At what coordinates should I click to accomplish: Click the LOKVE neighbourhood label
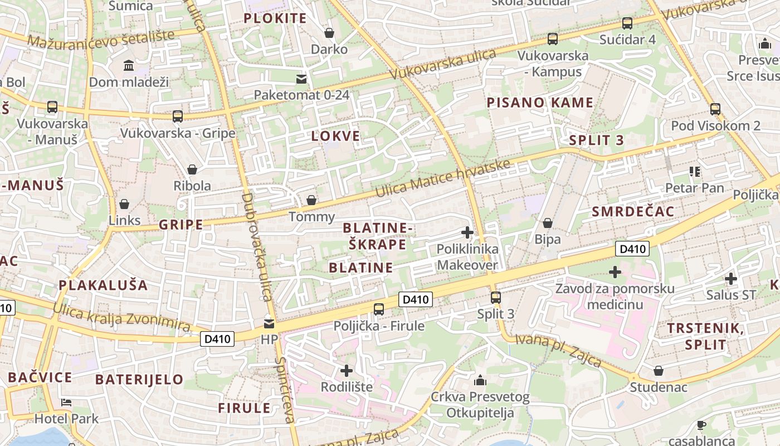(x=335, y=136)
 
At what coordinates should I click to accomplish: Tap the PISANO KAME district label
(x=540, y=103)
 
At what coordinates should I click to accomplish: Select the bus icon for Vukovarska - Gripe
(x=178, y=117)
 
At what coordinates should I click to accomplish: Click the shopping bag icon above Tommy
(x=311, y=200)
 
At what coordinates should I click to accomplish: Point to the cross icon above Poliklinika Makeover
(x=467, y=232)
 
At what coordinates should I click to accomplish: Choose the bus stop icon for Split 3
(x=495, y=297)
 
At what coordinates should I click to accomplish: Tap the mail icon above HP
(x=269, y=323)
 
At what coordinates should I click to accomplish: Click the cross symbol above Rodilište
(x=347, y=370)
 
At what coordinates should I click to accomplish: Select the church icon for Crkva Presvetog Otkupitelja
(x=480, y=381)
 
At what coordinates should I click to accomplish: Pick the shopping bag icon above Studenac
(x=659, y=371)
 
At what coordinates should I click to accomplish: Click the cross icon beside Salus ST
(x=730, y=278)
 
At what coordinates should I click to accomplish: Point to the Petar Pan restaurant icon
(x=694, y=172)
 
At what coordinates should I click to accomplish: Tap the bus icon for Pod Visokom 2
(x=715, y=109)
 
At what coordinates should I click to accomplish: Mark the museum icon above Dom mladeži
(x=129, y=66)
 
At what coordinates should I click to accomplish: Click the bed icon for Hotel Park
(x=66, y=402)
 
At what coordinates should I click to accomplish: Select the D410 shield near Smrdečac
(x=632, y=249)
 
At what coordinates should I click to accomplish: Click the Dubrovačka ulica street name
(x=256, y=245)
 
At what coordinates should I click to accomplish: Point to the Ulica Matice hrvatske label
(x=443, y=178)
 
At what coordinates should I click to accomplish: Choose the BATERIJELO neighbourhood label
(x=139, y=380)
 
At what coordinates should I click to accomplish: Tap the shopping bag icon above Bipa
(x=548, y=223)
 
